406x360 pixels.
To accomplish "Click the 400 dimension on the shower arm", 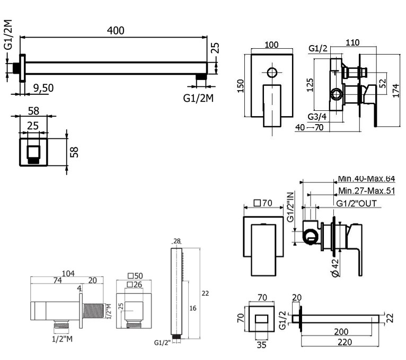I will pos(115,30).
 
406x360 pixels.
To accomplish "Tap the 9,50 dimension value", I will pos(43,88).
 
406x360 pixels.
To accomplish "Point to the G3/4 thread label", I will pos(317,117).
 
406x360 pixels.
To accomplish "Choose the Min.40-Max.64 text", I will pos(366,179).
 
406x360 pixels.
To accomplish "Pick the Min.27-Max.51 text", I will pos(366,191).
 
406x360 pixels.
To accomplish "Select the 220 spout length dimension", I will pos(338,343).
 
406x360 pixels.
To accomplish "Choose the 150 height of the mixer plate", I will pos(240,85).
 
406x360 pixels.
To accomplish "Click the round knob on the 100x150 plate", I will pos(272,73).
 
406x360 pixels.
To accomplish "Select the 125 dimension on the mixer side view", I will pos(310,84).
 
